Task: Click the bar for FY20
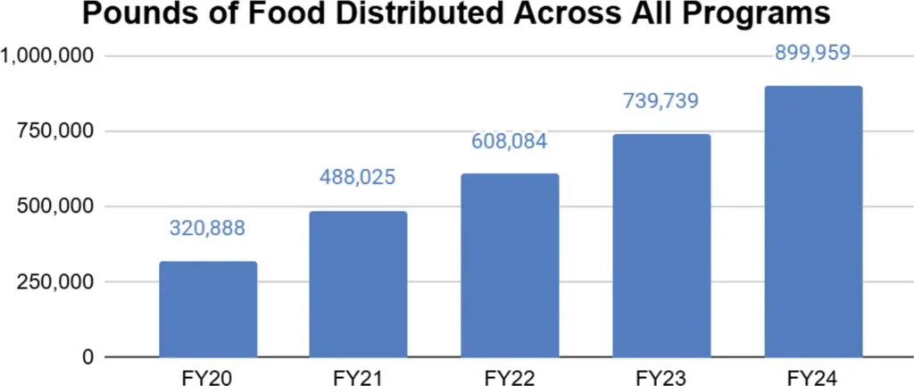[208, 309]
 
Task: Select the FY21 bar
[358, 284]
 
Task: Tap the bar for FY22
[510, 265]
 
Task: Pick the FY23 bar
[661, 246]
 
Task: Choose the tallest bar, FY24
[812, 222]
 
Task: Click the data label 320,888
[208, 228]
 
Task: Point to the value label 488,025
[358, 177]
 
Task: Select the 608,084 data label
[510, 141]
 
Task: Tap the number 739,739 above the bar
[661, 101]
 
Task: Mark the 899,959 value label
[812, 54]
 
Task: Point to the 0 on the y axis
[87, 357]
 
